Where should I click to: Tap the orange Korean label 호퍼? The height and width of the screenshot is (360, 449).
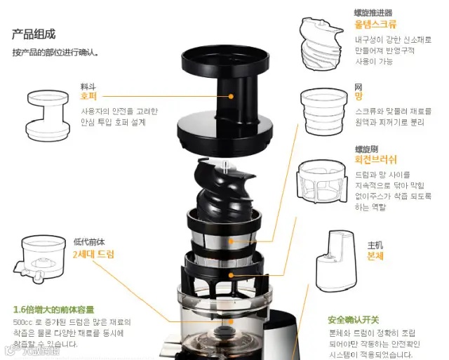coord(88,96)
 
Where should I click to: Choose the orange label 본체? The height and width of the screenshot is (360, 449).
coord(375,255)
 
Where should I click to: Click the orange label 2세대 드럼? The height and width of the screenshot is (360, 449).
coord(93,253)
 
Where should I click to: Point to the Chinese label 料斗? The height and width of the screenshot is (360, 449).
coord(86,86)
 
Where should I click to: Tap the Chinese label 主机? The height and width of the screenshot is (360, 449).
coord(375,245)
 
